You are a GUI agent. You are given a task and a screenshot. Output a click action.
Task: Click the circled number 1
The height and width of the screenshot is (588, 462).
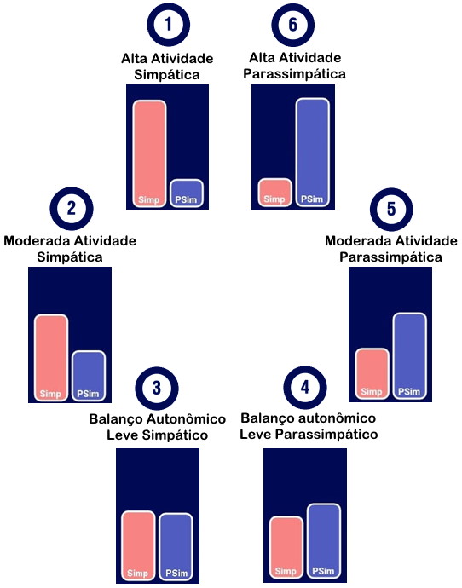click(x=169, y=25)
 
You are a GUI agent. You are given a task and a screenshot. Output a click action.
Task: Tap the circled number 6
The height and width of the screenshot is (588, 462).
click(x=293, y=25)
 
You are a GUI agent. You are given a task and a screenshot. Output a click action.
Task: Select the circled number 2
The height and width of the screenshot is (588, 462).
click(x=72, y=209)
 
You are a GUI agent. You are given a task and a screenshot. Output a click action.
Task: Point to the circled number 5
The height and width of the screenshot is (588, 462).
click(x=391, y=210)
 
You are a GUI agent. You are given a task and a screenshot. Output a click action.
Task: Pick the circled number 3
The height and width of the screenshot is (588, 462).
click(x=157, y=388)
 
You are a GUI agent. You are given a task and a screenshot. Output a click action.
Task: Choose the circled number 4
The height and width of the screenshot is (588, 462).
click(x=305, y=388)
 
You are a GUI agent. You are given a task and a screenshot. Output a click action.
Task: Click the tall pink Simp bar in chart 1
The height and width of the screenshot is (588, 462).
click(x=149, y=153)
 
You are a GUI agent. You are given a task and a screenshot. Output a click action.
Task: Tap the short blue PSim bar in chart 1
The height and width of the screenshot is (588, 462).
click(x=187, y=193)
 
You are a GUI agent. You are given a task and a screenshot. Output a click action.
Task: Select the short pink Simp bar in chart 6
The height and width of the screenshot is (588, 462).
click(x=274, y=193)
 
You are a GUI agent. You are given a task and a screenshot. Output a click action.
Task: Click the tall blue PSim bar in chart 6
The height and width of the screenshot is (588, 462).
click(x=312, y=153)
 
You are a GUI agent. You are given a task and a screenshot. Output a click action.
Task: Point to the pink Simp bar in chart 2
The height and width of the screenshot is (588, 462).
click(x=51, y=358)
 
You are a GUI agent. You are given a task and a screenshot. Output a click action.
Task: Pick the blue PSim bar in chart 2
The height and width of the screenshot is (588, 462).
click(x=89, y=376)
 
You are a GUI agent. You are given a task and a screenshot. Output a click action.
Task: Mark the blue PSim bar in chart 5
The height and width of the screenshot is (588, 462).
click(x=410, y=355)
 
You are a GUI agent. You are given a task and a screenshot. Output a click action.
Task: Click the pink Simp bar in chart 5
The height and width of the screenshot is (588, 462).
click(x=372, y=373)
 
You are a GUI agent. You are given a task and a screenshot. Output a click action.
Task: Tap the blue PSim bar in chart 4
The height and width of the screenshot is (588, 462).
click(x=324, y=541)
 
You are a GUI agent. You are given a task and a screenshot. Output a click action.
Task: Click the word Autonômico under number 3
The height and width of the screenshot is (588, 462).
click(x=186, y=419)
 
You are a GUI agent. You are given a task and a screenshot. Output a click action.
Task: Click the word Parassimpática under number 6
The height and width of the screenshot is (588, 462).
click(x=294, y=74)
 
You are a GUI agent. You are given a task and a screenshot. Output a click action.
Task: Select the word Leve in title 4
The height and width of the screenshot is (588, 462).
click(x=256, y=435)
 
